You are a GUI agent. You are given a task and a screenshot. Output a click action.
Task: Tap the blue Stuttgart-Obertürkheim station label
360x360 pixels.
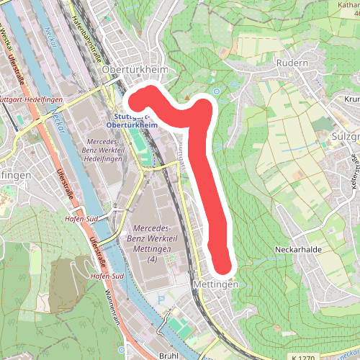(131, 120)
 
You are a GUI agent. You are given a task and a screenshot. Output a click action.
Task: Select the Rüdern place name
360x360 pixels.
(292, 63)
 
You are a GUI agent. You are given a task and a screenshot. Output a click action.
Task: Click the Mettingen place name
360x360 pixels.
(215, 285)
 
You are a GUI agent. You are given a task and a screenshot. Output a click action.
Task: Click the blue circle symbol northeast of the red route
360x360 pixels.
(215, 91)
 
